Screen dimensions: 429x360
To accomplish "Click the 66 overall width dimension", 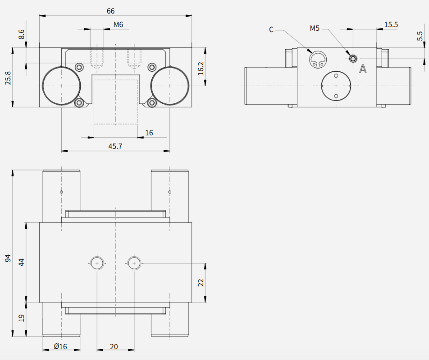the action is pyautogui.click(x=110, y=11).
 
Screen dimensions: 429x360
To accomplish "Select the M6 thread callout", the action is pyautogui.click(x=118, y=25).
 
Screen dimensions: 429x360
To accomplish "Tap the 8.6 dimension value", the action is pyautogui.click(x=21, y=34).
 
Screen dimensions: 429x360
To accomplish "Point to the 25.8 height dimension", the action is pyautogui.click(x=8, y=78).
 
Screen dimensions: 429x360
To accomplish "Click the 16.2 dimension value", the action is pyautogui.click(x=201, y=69).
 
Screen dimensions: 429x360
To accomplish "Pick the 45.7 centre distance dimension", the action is pyautogui.click(x=115, y=146).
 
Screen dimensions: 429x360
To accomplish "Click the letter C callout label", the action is pyautogui.click(x=271, y=30).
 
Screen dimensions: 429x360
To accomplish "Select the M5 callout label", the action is pyautogui.click(x=315, y=28).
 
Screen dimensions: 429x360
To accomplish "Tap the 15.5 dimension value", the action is pyautogui.click(x=391, y=25).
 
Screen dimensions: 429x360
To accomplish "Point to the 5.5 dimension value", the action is pyautogui.click(x=420, y=36).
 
